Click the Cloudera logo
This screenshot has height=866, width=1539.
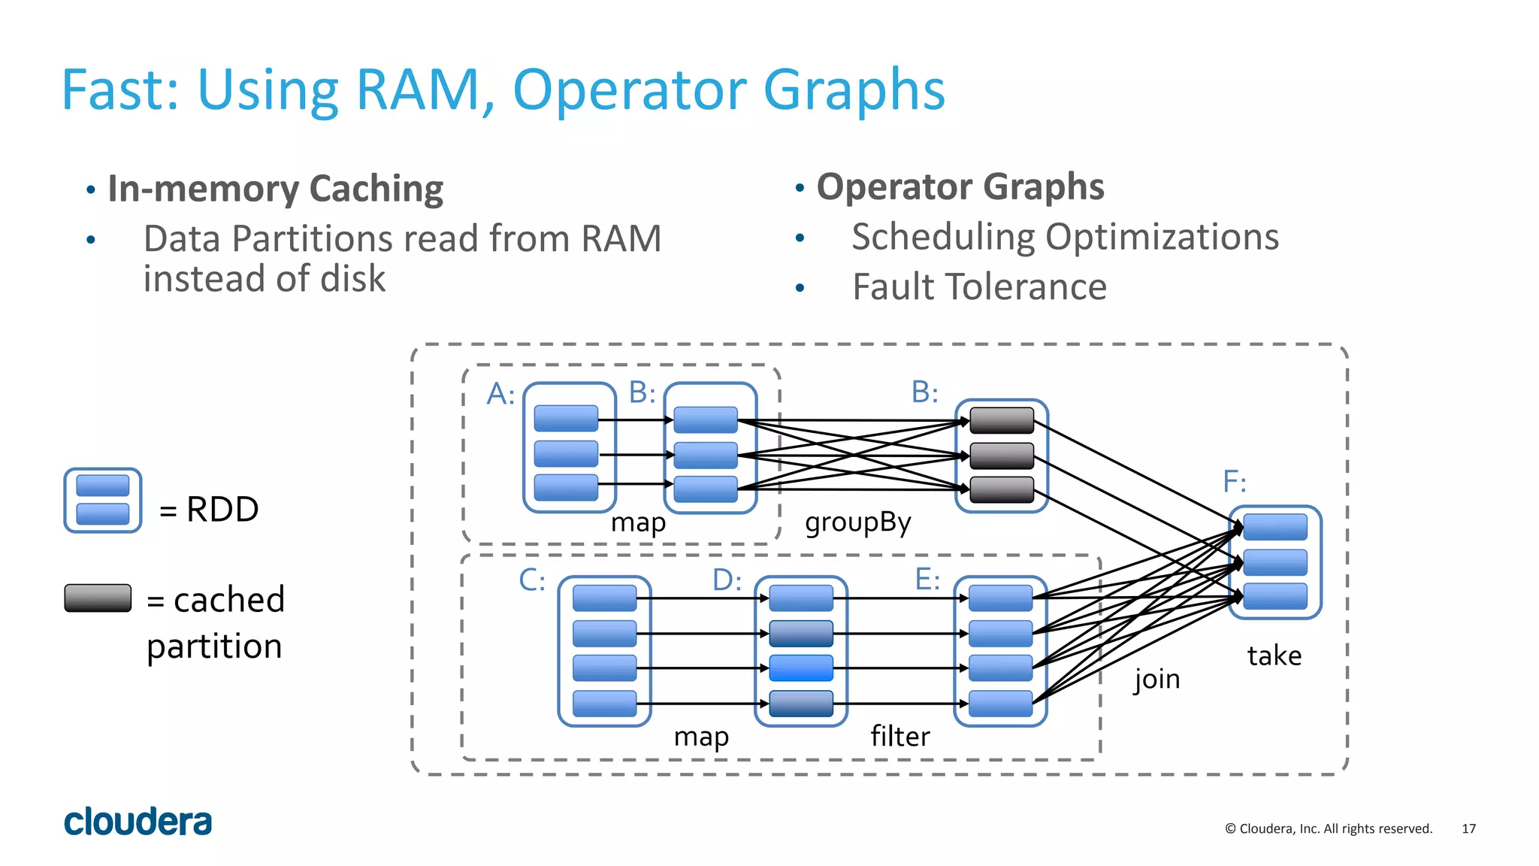pyautogui.click(x=138, y=822)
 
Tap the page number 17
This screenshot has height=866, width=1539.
pyautogui.click(x=1468, y=828)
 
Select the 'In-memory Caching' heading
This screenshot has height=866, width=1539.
pyautogui.click(x=275, y=188)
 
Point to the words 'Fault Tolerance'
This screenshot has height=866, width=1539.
pyautogui.click(x=978, y=286)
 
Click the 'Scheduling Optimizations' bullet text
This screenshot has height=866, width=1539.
pyautogui.click(x=1065, y=237)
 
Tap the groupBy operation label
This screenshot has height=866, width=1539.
pyautogui.click(x=857, y=522)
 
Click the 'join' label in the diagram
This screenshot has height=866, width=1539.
pyautogui.click(x=1157, y=679)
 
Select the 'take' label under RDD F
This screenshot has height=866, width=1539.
pyautogui.click(x=1274, y=656)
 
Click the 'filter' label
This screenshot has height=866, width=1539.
pyautogui.click(x=900, y=736)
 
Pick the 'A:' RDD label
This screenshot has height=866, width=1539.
pyautogui.click(x=500, y=393)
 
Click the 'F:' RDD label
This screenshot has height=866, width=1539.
pyautogui.click(x=1235, y=481)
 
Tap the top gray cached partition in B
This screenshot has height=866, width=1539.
pyautogui.click(x=1002, y=420)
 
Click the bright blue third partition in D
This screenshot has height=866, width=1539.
pyautogui.click(x=801, y=668)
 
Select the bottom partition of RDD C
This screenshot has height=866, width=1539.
pyautogui.click(x=604, y=704)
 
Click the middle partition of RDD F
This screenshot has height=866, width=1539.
pyautogui.click(x=1275, y=562)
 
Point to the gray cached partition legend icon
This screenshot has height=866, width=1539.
pyautogui.click(x=98, y=598)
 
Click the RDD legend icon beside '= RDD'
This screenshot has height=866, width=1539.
pyautogui.click(x=103, y=501)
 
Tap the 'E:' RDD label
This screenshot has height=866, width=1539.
pyautogui.click(x=927, y=580)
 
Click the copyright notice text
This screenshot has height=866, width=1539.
pyautogui.click(x=1328, y=828)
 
